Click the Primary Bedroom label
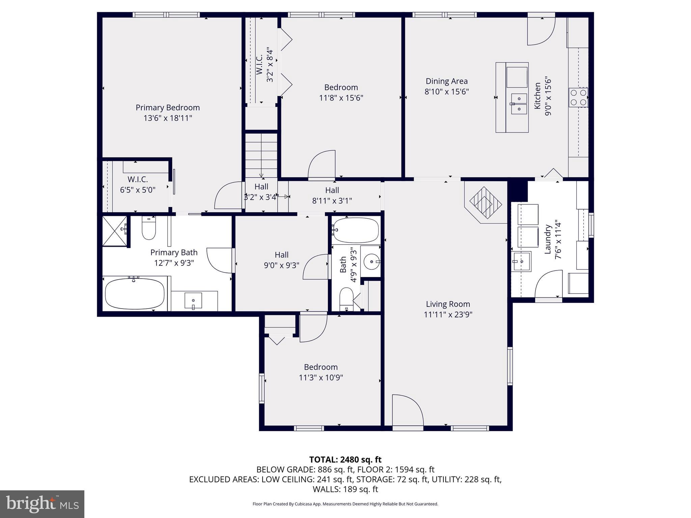pos(168,108)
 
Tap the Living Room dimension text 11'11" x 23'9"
pos(448,315)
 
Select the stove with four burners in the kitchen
pos(578,97)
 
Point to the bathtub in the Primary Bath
pos(135,293)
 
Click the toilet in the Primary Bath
pos(149,228)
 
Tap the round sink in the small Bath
pos(371,261)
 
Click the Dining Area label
pos(446,81)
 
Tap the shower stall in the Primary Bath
pos(115,231)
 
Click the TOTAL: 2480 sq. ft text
pos(345,460)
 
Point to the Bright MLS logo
pos(42,504)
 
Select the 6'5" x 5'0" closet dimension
pos(138,190)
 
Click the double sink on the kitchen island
pos(518,104)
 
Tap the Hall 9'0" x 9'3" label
pos(281,260)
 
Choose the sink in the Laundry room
pos(521,261)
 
